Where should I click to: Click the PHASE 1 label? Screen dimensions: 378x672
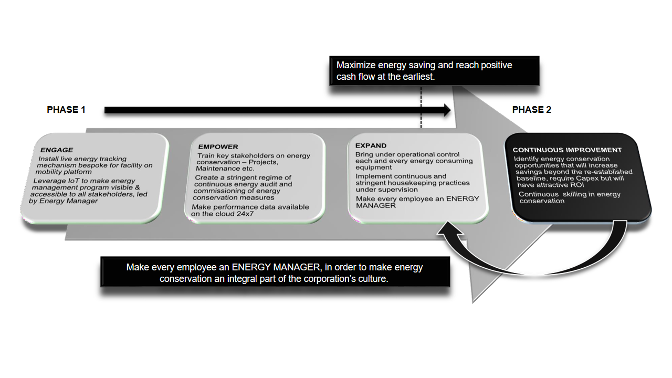pyautogui.click(x=66, y=110)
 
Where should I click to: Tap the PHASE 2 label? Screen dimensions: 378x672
pyautogui.click(x=531, y=110)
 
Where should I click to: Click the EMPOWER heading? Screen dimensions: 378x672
pyautogui.click(x=218, y=147)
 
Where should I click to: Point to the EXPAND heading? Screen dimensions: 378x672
pyautogui.click(x=371, y=145)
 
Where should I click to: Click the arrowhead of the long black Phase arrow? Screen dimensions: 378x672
pyautogui.click(x=447, y=110)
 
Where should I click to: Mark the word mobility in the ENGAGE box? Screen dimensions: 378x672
pyautogui.click(x=49, y=172)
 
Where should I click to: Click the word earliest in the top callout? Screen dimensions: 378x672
pyautogui.click(x=416, y=77)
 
